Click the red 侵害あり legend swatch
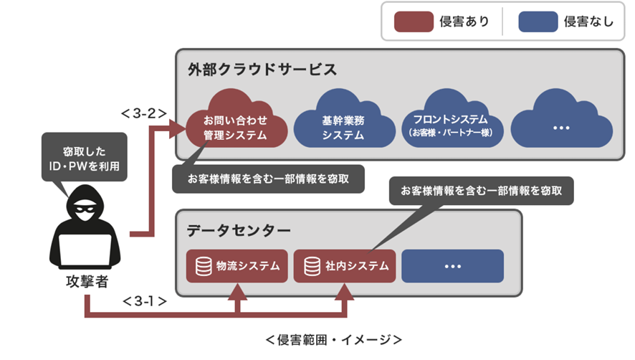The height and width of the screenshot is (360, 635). coord(414,22)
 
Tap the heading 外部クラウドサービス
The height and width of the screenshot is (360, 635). coord(262,70)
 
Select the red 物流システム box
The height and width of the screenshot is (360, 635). coord(237,266)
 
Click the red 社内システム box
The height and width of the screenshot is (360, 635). coord(345,266)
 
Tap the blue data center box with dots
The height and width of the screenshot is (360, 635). coord(452,266)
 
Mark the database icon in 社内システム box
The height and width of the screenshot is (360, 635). coord(312,266)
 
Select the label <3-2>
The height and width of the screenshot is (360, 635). coord(144,113)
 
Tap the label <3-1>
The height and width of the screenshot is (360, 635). coord(144,301)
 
